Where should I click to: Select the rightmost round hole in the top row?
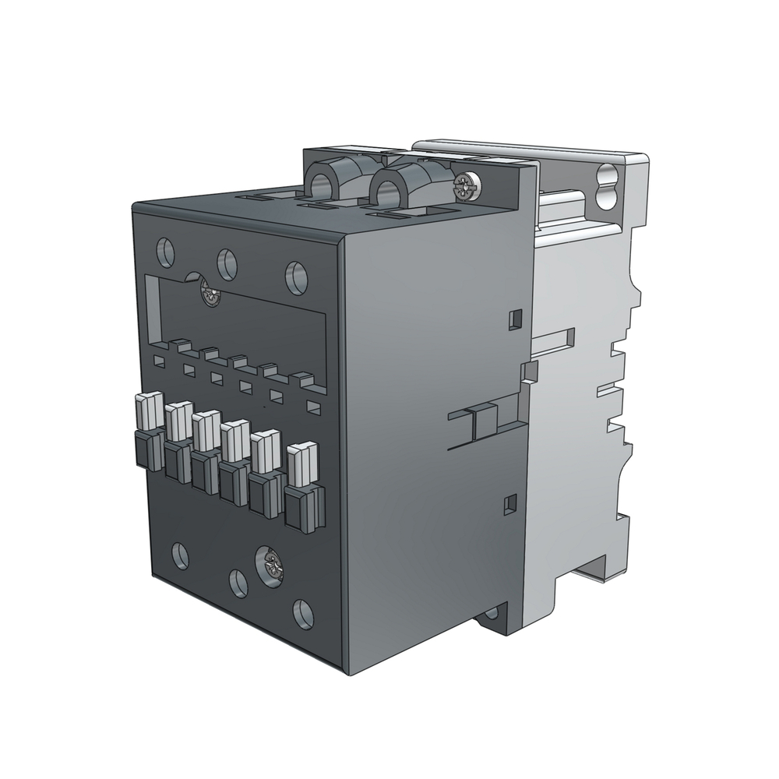tap(295, 277)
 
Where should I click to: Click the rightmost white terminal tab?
tap(303, 461)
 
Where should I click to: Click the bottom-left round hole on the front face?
tap(179, 555)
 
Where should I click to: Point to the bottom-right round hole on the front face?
tap(302, 612)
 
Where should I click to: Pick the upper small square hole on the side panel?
tap(513, 319)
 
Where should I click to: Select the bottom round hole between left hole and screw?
tap(237, 583)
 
